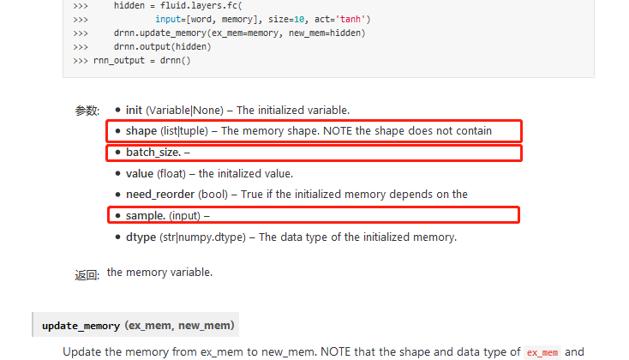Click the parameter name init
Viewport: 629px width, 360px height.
click(134, 110)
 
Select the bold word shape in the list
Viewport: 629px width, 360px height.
click(141, 131)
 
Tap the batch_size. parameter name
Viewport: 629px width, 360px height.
click(153, 153)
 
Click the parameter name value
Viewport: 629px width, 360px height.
click(140, 173)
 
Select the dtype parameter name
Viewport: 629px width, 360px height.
click(141, 237)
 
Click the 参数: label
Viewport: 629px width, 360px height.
click(87, 111)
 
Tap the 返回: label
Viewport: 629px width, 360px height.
click(87, 275)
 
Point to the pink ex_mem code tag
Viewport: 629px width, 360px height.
click(542, 352)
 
